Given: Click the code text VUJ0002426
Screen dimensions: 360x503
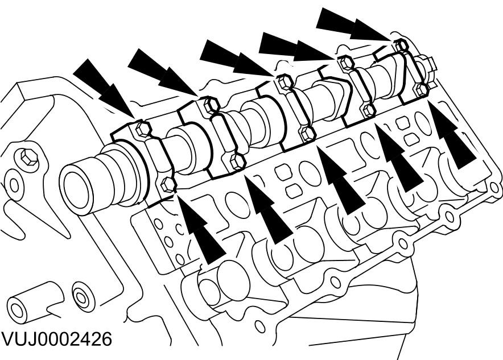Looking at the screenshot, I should pos(56,339).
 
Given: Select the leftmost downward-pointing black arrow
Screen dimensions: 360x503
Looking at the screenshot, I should pos(102,88).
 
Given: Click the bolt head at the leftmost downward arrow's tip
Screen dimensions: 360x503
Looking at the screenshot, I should pos(143,129).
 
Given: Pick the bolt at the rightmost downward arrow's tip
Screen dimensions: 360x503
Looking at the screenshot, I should pos(402,44).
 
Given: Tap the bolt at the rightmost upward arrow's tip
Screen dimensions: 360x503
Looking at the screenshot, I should pos(422,89).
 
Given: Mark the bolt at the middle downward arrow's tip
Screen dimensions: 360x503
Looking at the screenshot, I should pos(285,82).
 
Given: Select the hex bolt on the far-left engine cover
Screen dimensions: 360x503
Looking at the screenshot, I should pos(26,156).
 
